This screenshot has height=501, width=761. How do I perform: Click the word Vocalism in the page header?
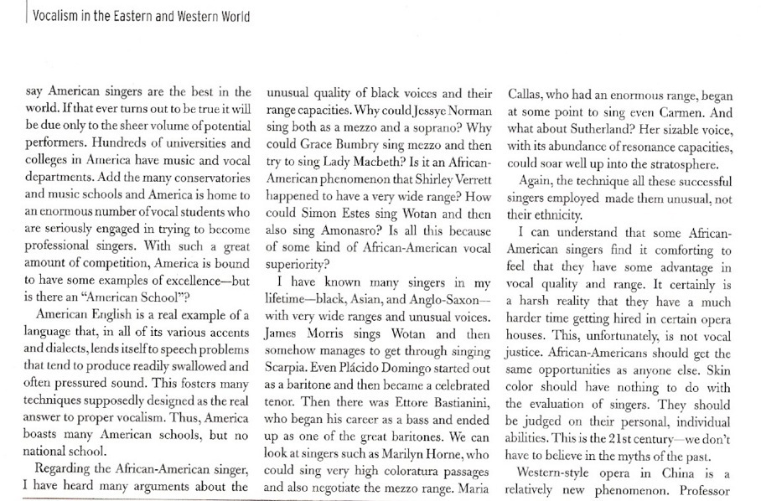coord(54,16)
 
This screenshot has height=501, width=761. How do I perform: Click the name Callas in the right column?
coord(526,92)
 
